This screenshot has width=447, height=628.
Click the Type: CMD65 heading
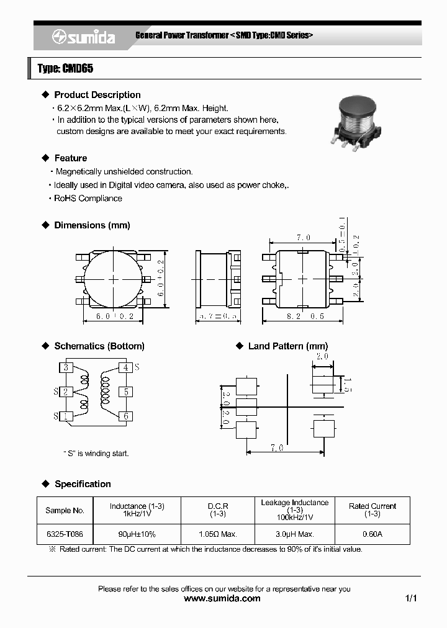tap(65, 69)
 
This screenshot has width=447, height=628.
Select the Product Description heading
tap(97, 95)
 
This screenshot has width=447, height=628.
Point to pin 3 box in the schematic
tap(66, 367)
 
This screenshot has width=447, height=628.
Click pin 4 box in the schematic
tap(126, 367)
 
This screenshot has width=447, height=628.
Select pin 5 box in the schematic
tap(126, 392)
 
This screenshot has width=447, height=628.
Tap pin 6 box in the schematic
tap(126, 416)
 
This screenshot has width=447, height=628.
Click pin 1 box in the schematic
tap(66, 416)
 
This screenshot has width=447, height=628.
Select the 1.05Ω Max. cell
tap(217, 534)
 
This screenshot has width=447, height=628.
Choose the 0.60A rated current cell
tap(372, 534)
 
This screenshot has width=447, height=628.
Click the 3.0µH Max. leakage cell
tap(294, 534)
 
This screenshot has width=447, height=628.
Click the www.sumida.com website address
tap(223, 599)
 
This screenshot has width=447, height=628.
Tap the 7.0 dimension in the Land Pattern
tap(277, 447)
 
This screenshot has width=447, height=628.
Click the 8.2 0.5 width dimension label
tap(302, 316)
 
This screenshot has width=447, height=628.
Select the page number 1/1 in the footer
tap(410, 599)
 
